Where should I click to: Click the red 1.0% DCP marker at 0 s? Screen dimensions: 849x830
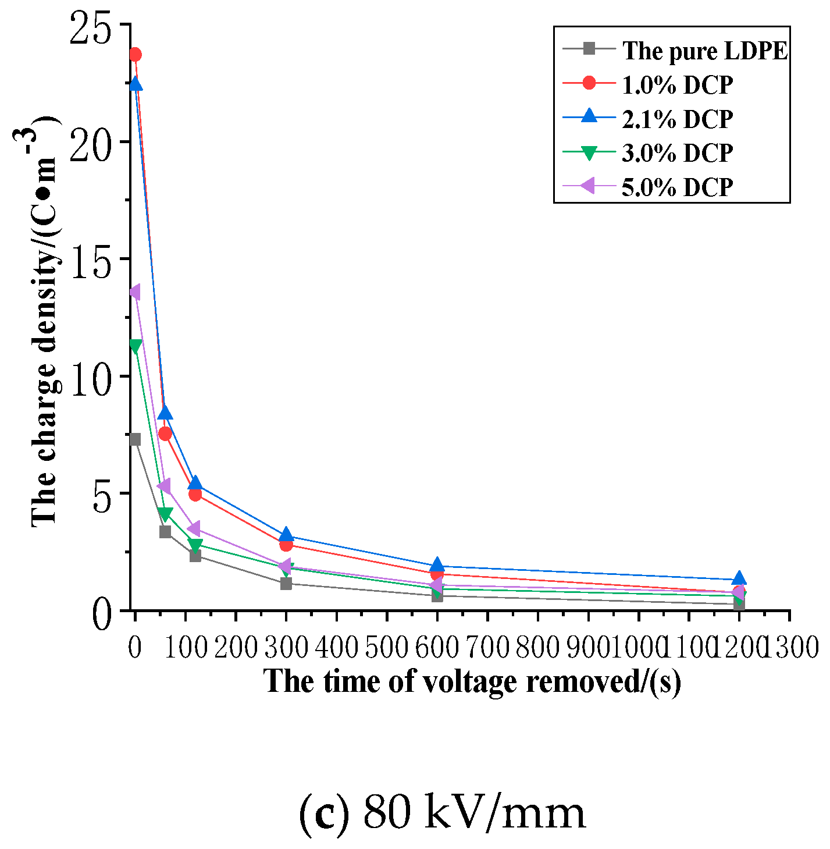(x=135, y=55)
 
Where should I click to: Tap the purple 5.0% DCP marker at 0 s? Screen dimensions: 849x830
(x=134, y=292)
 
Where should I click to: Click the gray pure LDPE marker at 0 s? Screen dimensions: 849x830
(x=135, y=439)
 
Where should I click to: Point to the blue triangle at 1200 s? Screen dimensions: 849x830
(x=739, y=578)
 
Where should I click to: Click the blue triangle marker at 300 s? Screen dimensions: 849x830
(x=286, y=535)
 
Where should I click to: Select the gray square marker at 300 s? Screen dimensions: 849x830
(x=286, y=583)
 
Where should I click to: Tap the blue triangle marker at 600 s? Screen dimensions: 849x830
(x=437, y=565)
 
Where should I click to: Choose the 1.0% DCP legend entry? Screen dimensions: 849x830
(x=677, y=85)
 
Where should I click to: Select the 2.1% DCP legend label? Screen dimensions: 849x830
(x=677, y=119)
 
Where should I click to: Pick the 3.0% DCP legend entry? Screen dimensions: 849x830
(x=677, y=153)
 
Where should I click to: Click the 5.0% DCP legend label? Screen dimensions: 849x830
(x=677, y=187)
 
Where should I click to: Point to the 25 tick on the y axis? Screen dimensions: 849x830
(x=90, y=26)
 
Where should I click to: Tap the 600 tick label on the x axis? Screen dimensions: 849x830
(x=437, y=647)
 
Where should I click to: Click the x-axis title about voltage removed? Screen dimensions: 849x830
(x=472, y=681)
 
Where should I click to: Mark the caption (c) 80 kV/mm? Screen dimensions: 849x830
(x=442, y=812)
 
